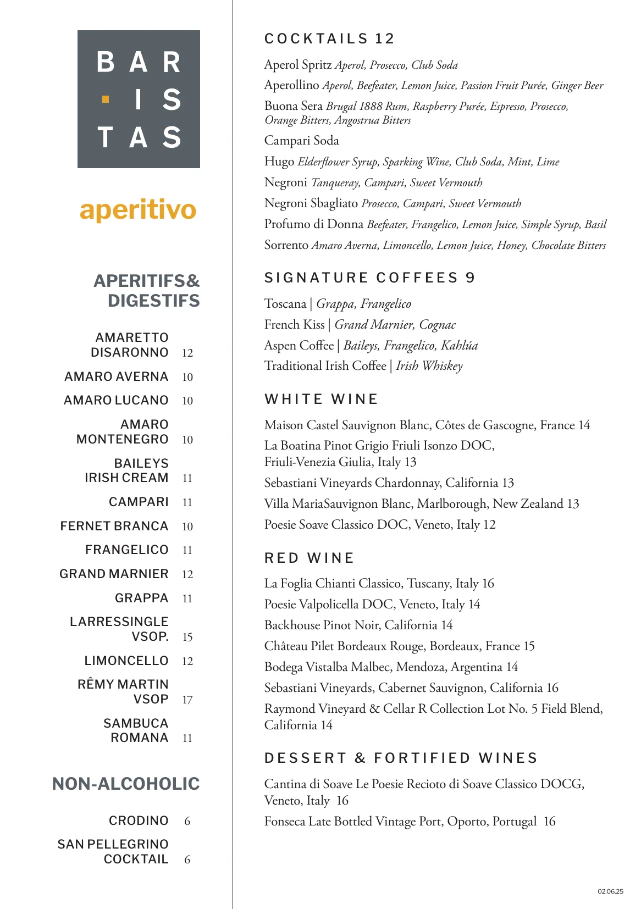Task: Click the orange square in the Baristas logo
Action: pos(106,99)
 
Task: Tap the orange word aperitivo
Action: pos(138,210)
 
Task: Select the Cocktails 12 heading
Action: pos(329,38)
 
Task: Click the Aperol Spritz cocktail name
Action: pos(297,65)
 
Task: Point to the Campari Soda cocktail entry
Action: pos(301,141)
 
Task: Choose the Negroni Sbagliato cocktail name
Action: pos(311,203)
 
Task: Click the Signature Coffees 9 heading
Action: pos(369,278)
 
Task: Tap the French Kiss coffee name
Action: pos(294,325)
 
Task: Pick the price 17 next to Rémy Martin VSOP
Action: pos(187,700)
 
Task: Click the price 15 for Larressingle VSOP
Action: pos(187,637)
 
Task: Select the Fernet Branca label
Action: pos(114,526)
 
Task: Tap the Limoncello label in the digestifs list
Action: pos(126,661)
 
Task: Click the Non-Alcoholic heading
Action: pos(126,784)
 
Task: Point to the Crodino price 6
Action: pos(187,821)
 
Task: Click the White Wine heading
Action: pos(321,399)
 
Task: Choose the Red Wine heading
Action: pos(309,558)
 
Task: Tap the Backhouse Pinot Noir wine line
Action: pos(358,625)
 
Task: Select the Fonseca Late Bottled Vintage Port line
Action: pos(410,822)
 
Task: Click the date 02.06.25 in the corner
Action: pos(610,891)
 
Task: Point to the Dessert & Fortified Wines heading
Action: pos(401,758)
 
